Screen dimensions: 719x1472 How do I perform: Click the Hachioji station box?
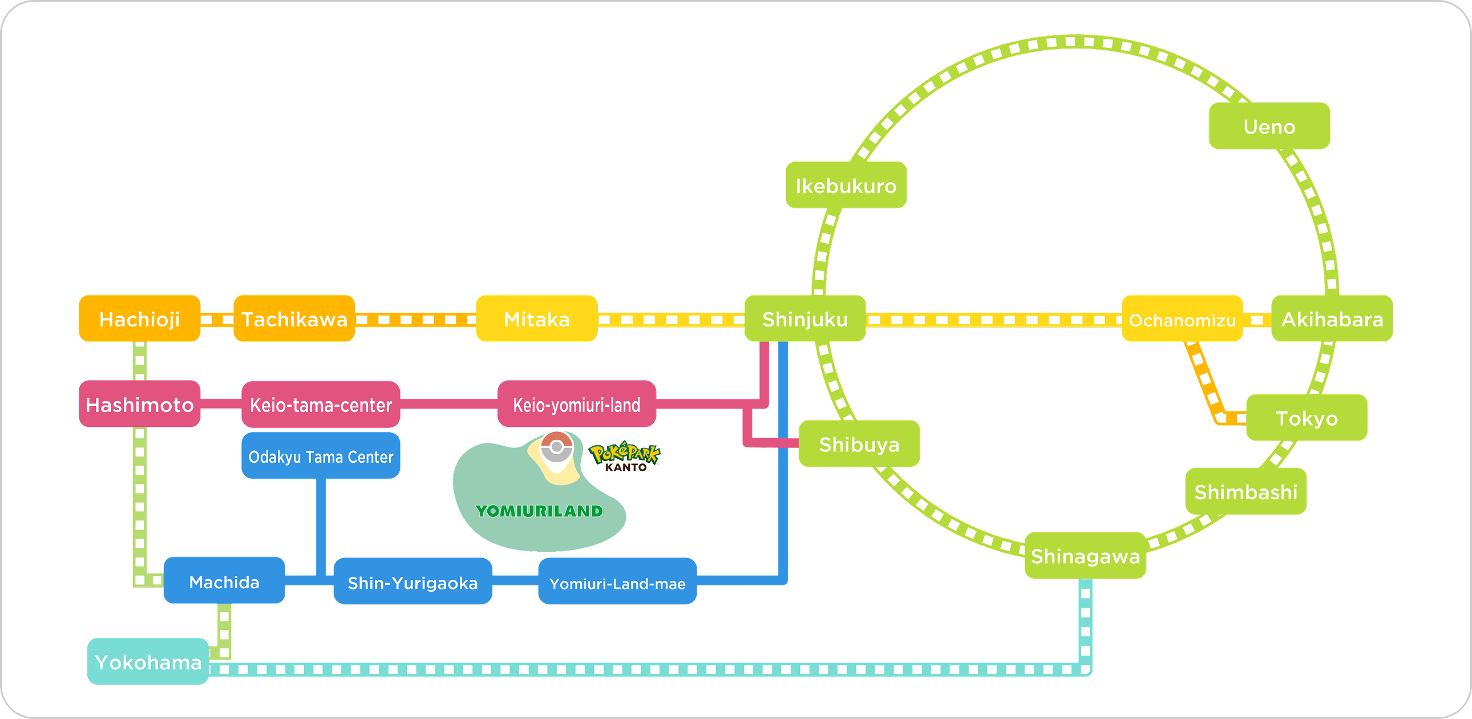139,318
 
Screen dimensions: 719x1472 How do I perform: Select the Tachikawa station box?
294,318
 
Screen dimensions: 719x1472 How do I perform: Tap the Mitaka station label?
536,318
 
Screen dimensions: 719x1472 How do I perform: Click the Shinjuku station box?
804,318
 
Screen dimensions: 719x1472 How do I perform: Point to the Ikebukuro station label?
846,185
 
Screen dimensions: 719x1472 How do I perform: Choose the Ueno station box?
1269,126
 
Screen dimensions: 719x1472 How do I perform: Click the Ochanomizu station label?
1182,319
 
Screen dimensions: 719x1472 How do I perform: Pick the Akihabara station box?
1332,318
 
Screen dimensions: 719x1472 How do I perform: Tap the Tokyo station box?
1307,417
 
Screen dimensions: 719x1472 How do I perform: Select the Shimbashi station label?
1245,491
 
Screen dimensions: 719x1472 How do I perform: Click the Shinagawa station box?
1085,556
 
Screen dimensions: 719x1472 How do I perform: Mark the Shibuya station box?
859,444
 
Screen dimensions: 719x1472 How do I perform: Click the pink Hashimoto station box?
139,404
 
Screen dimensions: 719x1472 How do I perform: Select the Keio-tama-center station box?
321,405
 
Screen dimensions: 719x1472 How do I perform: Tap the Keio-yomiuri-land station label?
577,404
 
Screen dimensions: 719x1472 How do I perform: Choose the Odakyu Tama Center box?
321,456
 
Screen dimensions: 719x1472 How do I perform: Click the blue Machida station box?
224,581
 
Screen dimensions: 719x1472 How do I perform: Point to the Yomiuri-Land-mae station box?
617,582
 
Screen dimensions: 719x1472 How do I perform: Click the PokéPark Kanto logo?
625,456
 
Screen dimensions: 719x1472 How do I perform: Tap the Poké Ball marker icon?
556,447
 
